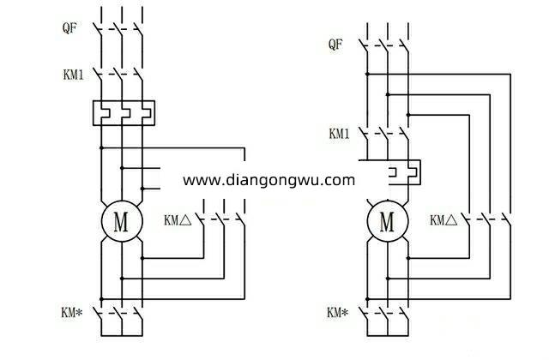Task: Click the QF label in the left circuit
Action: (71, 27)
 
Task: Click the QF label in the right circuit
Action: (339, 44)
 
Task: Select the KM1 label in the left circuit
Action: (74, 76)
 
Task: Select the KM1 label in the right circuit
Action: (340, 135)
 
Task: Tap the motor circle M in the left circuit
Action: (121, 222)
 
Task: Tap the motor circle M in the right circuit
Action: (387, 222)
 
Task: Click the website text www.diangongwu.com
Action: (268, 180)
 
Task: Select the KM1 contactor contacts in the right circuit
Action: (388, 135)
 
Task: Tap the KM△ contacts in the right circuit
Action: (490, 219)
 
